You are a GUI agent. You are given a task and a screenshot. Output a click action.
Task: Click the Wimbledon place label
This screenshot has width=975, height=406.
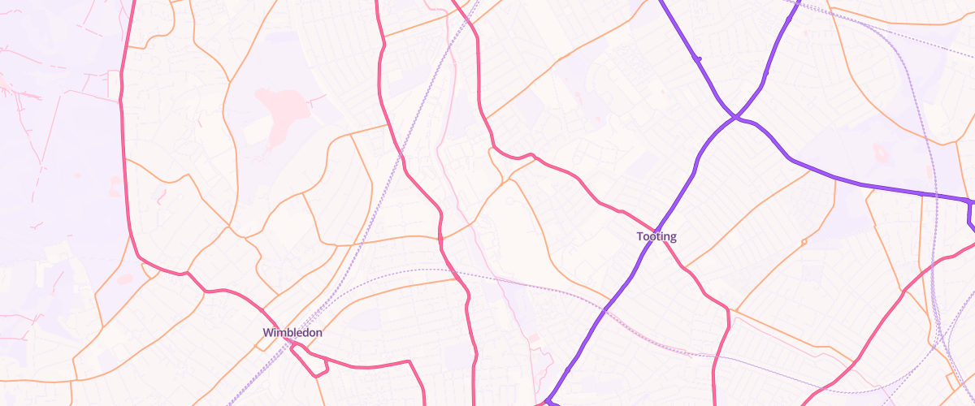292,333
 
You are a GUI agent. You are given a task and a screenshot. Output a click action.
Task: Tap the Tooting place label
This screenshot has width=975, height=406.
656,237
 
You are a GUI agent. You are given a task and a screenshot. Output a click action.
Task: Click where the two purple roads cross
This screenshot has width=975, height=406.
734,118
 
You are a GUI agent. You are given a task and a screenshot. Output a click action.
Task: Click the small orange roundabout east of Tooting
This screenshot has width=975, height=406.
804,242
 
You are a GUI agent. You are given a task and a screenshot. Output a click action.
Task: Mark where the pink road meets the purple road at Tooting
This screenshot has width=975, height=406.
655,228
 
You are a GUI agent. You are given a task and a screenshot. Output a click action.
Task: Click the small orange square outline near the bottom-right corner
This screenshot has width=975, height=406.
953,380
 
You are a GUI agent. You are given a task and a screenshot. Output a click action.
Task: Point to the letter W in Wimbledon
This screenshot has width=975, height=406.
268,333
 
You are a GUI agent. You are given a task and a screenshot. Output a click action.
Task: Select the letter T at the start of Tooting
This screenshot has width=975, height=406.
640,237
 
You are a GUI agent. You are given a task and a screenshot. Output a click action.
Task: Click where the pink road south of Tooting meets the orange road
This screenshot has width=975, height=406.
728,309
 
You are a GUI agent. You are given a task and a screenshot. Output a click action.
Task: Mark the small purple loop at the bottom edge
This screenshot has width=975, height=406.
549,401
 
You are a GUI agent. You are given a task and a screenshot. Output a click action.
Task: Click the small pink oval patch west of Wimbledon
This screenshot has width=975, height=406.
124,279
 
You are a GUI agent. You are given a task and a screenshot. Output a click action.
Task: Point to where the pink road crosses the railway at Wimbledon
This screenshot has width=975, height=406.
290,344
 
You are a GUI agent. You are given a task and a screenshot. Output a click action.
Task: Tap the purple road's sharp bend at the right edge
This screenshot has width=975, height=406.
970,202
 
